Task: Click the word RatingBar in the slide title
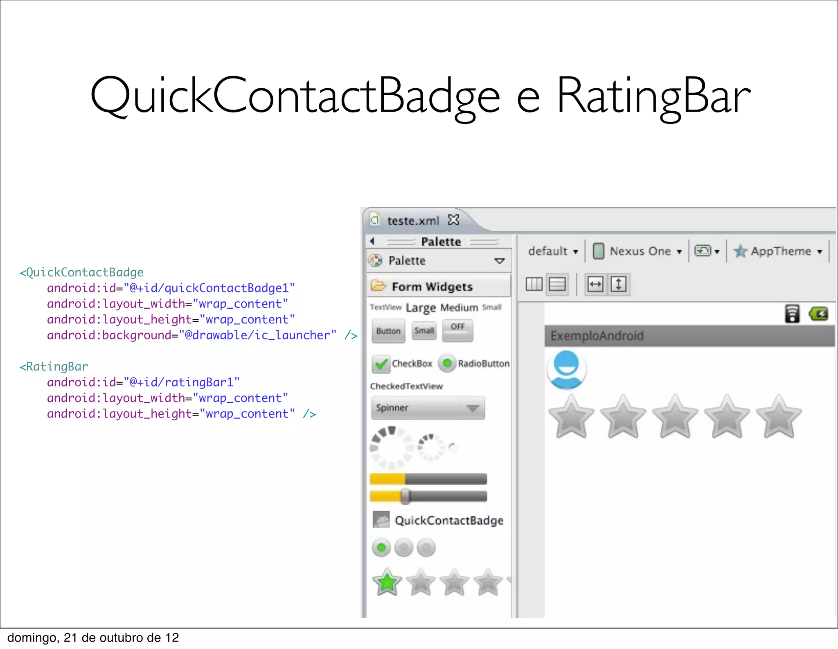point(653,97)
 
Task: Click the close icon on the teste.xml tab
point(453,220)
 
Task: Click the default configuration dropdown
point(552,251)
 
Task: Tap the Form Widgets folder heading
point(432,287)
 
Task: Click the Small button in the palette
point(424,330)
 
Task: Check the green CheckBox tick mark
point(381,364)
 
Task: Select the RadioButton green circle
point(447,363)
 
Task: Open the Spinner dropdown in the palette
point(428,408)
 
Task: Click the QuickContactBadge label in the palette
point(449,520)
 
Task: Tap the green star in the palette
point(387,582)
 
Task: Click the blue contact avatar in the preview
point(566,369)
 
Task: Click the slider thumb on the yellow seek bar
point(405,496)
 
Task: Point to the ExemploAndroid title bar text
point(597,336)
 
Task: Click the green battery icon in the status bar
point(818,314)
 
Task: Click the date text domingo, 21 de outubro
point(93,638)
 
